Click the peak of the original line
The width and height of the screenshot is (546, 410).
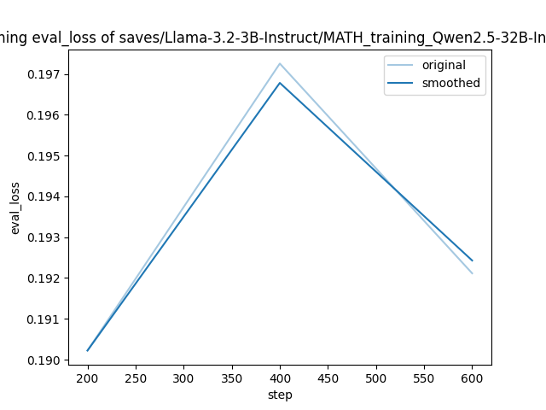click(280, 63)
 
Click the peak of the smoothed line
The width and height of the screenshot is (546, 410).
click(280, 83)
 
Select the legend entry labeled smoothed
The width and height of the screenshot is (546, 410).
click(450, 84)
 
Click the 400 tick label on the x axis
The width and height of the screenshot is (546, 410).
click(280, 378)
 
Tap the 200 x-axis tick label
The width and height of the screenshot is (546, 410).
click(88, 378)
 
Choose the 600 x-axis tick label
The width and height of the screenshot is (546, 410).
click(472, 378)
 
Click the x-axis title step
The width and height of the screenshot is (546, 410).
click(280, 395)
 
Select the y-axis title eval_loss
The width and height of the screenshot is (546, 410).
click(15, 208)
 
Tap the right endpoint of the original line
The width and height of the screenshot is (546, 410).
click(472, 273)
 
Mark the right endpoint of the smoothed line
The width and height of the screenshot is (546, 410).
click(472, 261)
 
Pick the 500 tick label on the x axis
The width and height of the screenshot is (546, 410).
click(376, 378)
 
